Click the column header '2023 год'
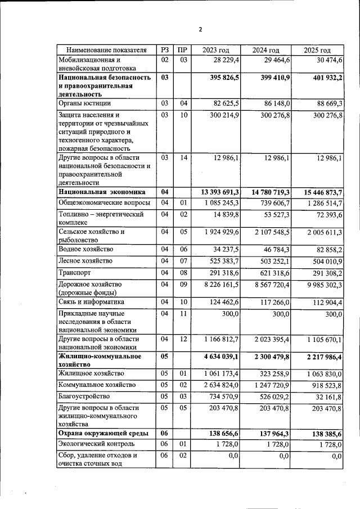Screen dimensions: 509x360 [x=216, y=50]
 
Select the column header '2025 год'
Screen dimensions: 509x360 [x=317, y=50]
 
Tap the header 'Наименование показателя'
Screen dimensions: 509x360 [x=106, y=50]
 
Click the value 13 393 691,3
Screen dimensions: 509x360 [x=217, y=192]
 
